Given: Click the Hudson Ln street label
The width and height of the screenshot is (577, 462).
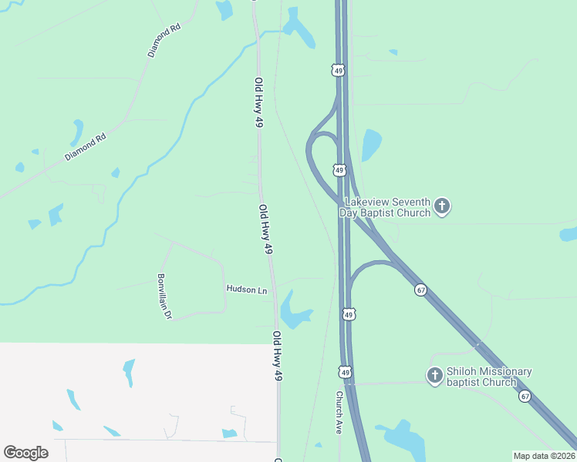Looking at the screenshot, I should point(246,290).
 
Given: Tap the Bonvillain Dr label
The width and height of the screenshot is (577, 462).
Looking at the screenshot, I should point(164,296).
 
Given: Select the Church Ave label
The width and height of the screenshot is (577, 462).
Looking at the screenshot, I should point(338,413).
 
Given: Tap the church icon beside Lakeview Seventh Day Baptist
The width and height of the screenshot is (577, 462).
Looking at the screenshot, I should point(442,206).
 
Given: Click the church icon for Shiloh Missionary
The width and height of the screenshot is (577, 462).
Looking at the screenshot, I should point(434,376).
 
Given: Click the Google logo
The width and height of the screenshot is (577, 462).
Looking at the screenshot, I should point(25,453).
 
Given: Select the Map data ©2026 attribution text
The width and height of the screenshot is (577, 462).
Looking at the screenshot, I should point(544,456).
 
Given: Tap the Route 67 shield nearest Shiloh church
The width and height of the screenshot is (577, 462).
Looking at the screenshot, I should point(525,396).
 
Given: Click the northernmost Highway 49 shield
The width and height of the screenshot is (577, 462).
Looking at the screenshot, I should point(338,70).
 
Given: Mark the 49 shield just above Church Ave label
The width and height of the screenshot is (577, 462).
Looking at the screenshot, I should point(346,372).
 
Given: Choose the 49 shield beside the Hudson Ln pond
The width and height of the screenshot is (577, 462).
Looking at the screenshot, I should point(349,314).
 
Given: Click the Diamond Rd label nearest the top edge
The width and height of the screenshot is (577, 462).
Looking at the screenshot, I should point(164,40).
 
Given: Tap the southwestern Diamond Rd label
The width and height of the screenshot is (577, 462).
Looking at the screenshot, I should point(85,146).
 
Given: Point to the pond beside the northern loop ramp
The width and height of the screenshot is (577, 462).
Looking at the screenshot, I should point(371,144).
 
